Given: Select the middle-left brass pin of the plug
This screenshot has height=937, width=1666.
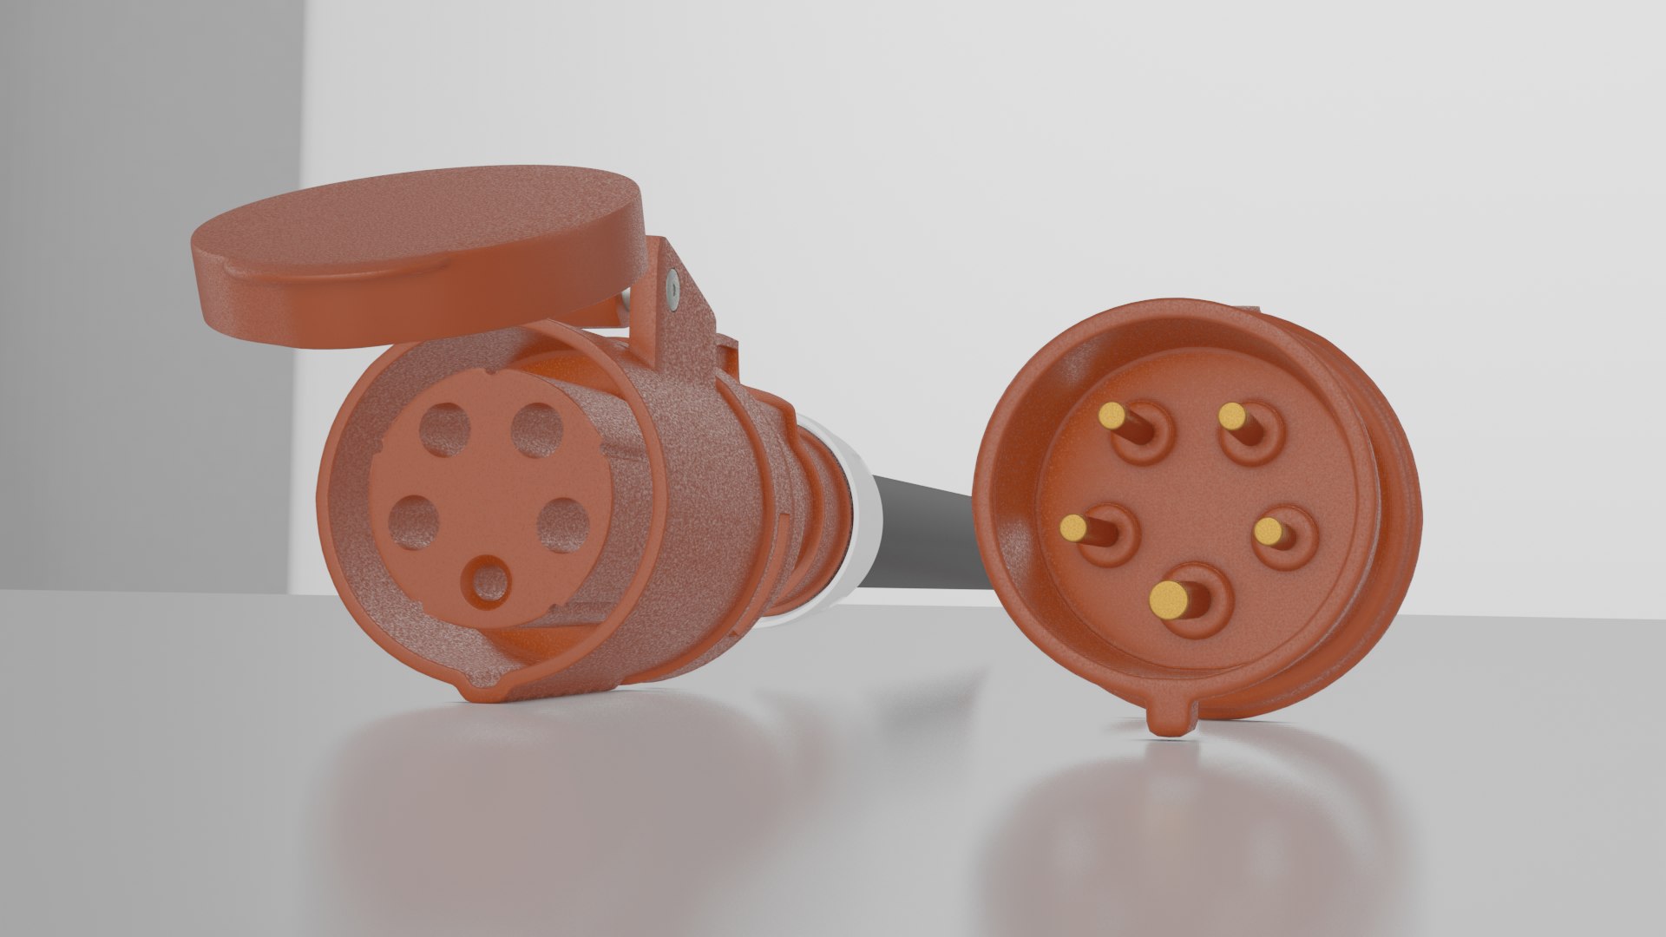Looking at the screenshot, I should click(1074, 527).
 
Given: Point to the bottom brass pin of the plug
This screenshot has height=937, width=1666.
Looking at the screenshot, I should click(1169, 597).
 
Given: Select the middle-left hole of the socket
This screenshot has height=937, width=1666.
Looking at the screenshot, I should click(411, 521).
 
